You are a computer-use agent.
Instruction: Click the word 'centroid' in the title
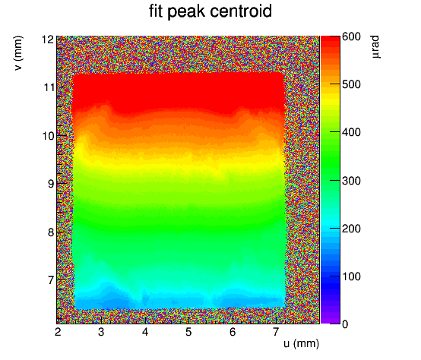(241, 11)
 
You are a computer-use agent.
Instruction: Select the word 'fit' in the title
(156, 11)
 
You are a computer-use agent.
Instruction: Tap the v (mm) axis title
(18, 53)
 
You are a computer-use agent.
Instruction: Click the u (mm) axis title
(301, 343)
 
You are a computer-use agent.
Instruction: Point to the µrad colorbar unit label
(375, 46)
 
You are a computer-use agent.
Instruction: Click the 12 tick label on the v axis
(48, 39)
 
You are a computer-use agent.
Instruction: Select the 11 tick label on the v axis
(49, 87)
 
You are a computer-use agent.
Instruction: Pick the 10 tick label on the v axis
(49, 136)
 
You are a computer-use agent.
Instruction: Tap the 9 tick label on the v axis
(51, 184)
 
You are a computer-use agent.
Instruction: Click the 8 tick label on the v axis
(51, 232)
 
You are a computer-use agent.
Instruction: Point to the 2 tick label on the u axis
(58, 332)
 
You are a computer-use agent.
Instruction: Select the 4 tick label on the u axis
(145, 332)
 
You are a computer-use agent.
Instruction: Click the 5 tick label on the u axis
(188, 332)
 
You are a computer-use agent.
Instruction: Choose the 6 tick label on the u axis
(233, 332)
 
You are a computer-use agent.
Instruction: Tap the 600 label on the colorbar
(351, 36)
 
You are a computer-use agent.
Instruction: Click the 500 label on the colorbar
(351, 84)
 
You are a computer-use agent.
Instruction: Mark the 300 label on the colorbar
(351, 181)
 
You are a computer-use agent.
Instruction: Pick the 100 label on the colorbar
(351, 276)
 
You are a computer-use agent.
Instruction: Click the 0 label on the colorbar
(345, 324)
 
